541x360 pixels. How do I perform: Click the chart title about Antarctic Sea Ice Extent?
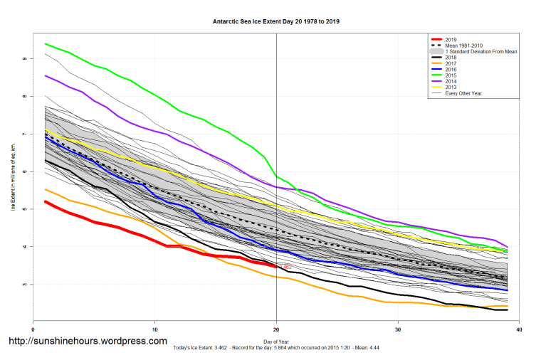point(276,21)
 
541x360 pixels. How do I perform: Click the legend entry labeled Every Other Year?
point(463,92)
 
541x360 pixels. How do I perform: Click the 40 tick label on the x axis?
point(519,330)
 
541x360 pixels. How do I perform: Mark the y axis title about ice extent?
point(11,176)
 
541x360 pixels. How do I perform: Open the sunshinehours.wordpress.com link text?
point(88,341)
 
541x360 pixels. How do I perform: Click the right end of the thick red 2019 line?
point(276,266)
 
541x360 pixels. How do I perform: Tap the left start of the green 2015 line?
point(46,44)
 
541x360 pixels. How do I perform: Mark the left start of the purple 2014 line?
point(46,75)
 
